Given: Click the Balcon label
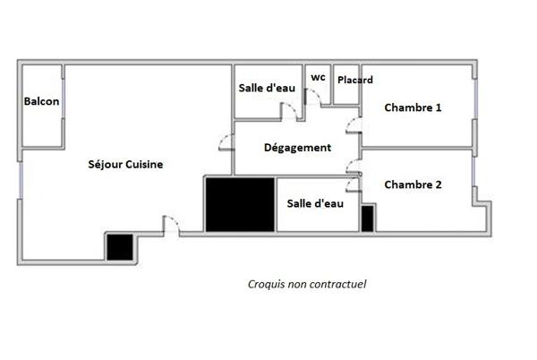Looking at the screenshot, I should coord(42,102).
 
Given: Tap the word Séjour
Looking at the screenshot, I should coord(105,165).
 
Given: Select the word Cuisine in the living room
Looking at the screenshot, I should coord(144,165).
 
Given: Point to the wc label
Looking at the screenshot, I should coord(318,77).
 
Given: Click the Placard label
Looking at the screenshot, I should coord(355,80).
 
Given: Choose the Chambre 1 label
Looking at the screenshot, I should coord(413,108).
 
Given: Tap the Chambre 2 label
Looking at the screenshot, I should coord(413,185).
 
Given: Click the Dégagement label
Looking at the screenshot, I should coord(298,148).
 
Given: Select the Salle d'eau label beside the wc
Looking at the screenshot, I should coord(267,88).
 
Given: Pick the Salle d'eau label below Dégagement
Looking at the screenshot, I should coord(315,204).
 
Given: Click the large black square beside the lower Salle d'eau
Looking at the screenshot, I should coord(240,205).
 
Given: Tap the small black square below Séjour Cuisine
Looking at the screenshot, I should coord(119,246).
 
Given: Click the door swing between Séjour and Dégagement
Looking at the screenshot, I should coord(223,143).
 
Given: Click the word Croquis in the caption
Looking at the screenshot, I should coord(266,285).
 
